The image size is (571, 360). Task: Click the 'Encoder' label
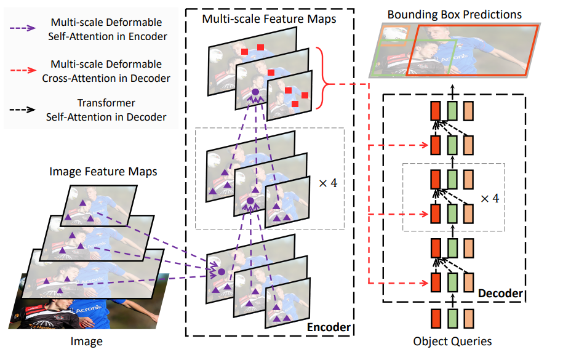point(328,327)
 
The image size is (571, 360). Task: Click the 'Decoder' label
point(500,294)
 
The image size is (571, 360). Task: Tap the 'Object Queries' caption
point(453,341)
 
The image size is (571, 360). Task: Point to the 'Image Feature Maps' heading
point(103,171)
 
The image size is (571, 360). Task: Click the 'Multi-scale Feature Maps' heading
point(269,19)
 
